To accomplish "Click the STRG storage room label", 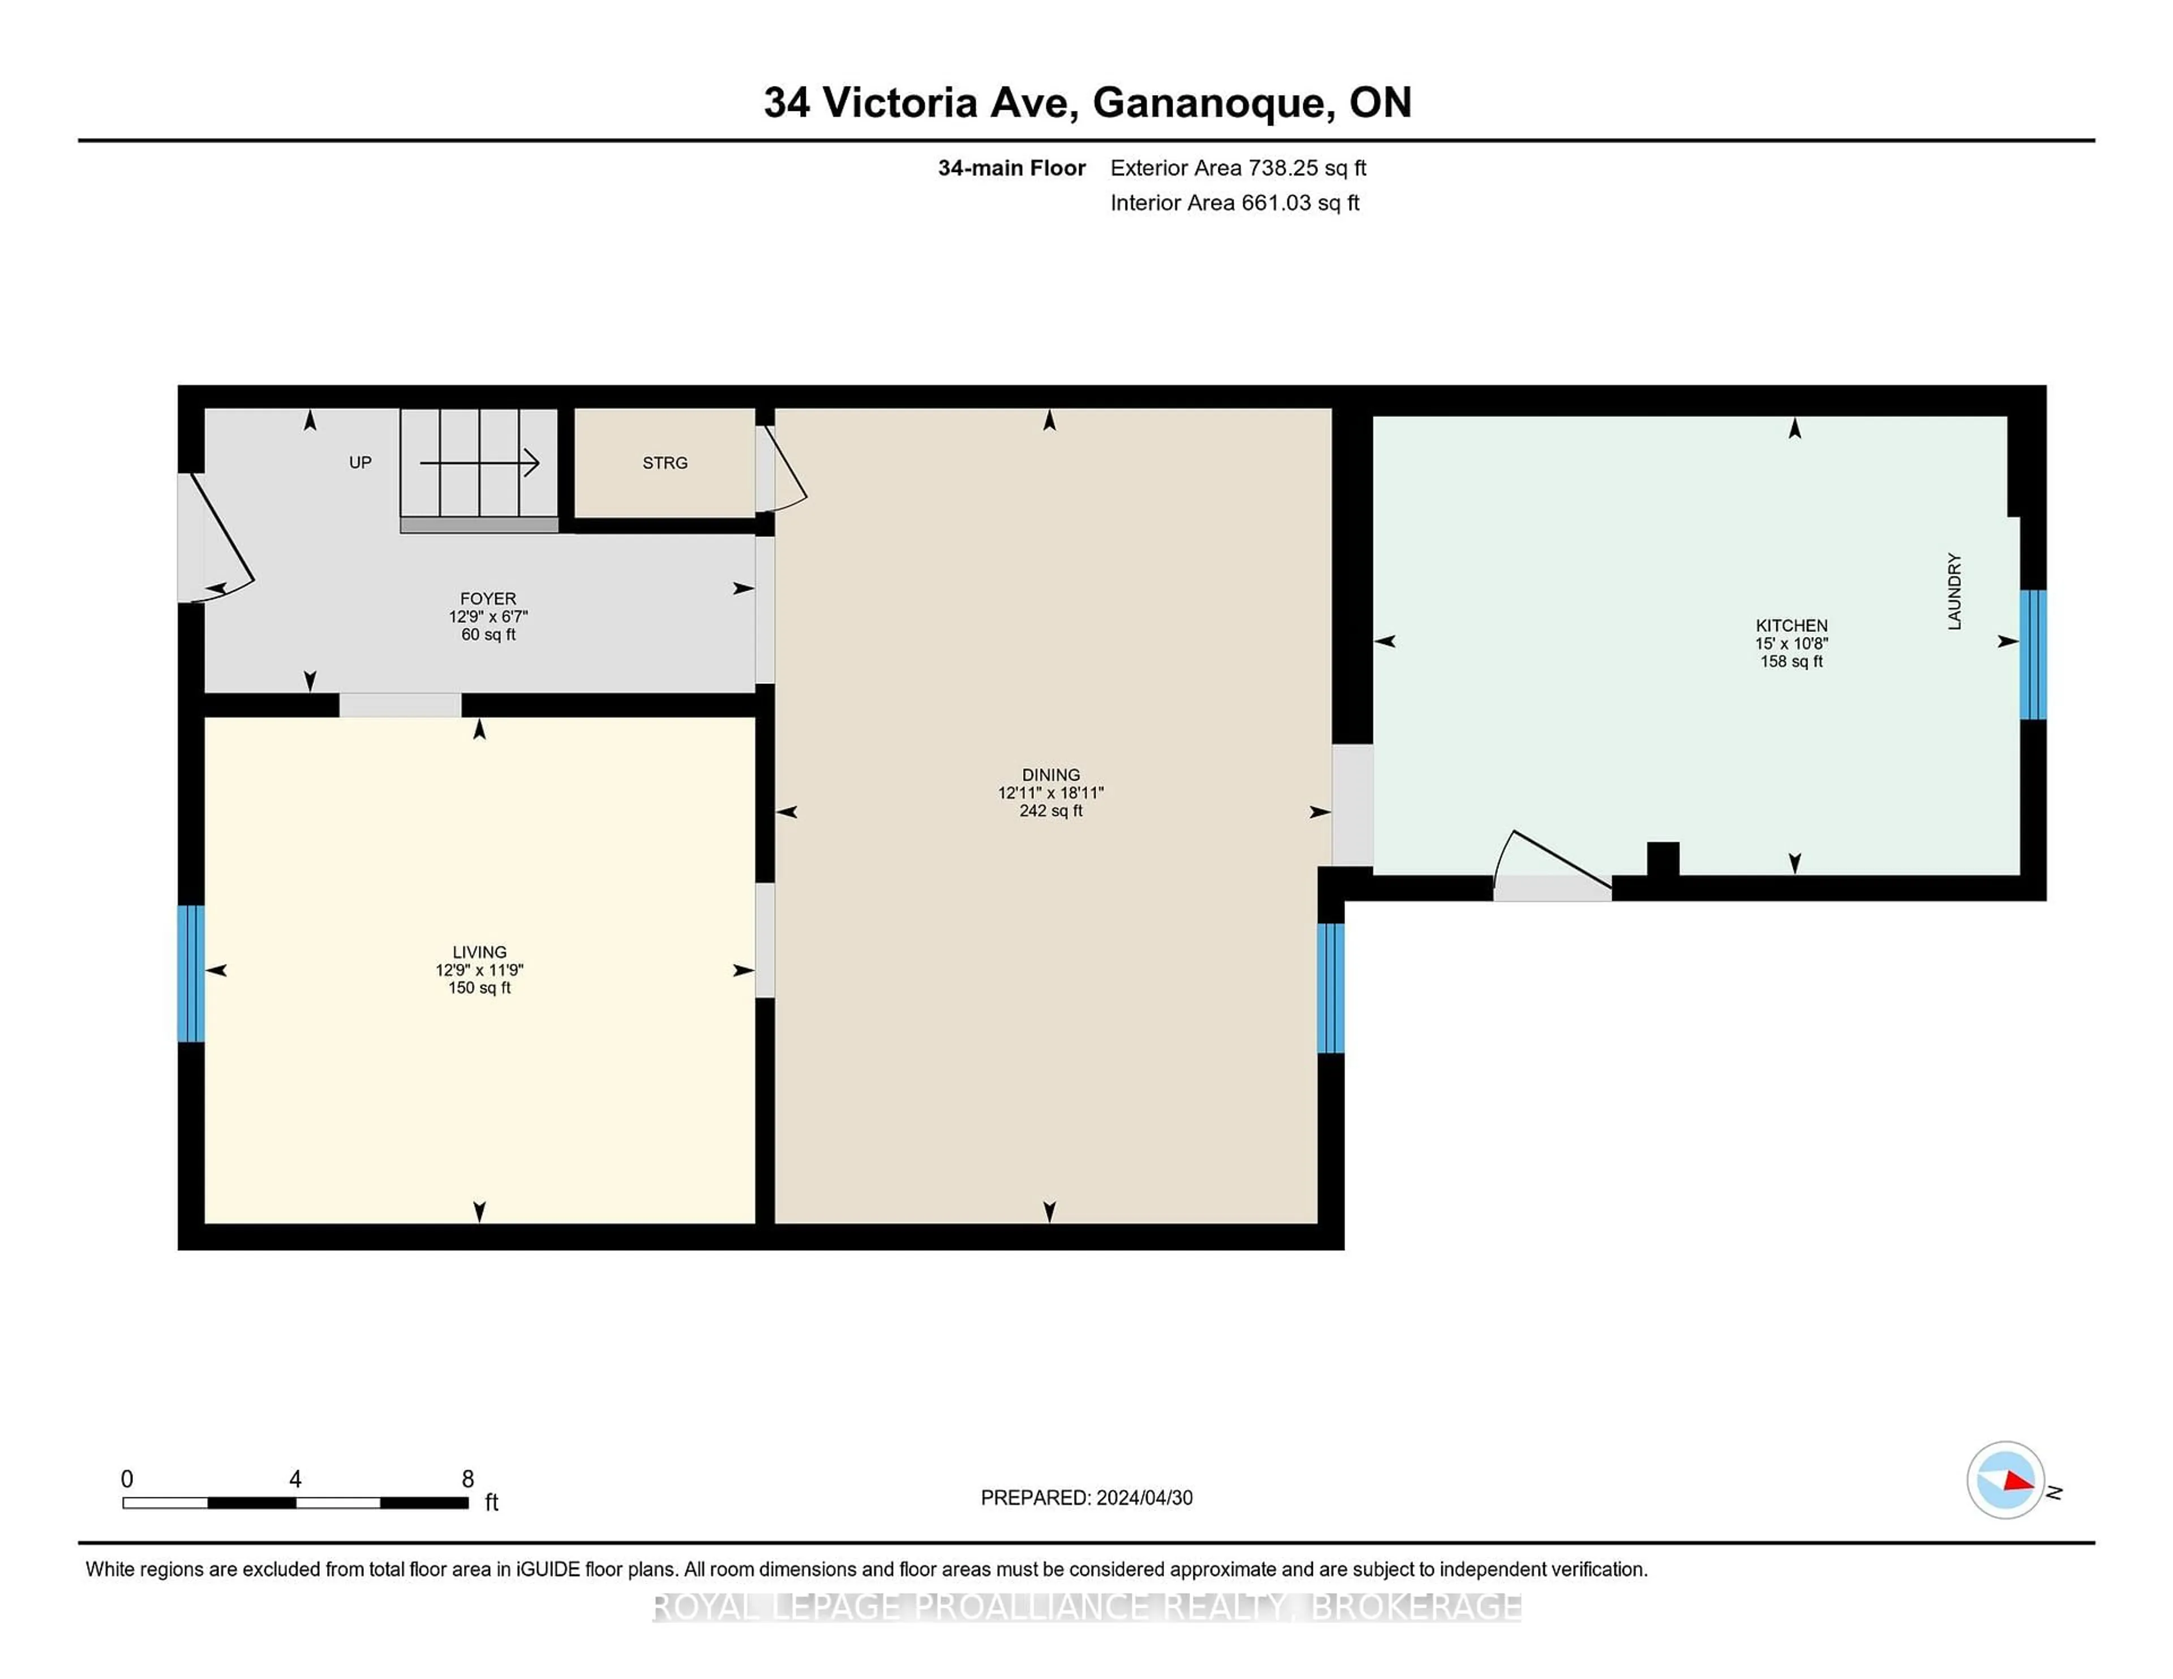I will point(665,463).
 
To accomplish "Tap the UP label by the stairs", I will point(360,463).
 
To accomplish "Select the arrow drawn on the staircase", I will point(479,463).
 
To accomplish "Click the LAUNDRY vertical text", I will point(1954,592).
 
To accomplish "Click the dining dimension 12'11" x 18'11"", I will point(1051,793).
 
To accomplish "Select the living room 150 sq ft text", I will point(479,988).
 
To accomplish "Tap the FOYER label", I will point(488,599).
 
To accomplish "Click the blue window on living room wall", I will point(191,973).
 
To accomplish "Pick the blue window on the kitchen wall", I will point(2033,655).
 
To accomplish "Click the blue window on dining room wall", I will point(1330,988).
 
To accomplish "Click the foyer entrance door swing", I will point(221,537).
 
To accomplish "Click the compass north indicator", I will point(2006,1480).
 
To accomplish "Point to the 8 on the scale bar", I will point(467,1479).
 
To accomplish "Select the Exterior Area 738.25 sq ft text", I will point(1238,168).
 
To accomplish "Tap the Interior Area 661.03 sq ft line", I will point(1234,203).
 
